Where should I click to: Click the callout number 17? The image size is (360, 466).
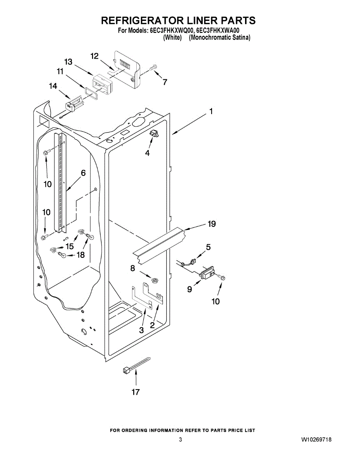click(136, 392)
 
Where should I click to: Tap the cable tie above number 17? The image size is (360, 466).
click(136, 365)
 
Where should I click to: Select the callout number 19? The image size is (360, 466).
click(212, 224)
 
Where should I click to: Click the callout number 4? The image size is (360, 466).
click(147, 153)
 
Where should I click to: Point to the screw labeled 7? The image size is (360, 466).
click(154, 68)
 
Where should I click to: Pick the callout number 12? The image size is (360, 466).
click(94, 56)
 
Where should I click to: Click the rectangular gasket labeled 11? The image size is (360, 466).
click(90, 94)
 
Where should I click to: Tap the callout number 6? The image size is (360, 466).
click(83, 173)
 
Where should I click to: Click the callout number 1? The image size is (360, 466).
click(211, 112)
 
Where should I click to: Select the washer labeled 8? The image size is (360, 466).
click(155, 280)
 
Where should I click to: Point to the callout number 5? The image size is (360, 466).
click(209, 247)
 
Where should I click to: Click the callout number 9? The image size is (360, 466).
click(190, 289)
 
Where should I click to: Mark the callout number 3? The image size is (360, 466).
click(141, 330)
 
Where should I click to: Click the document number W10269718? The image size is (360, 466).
click(316, 440)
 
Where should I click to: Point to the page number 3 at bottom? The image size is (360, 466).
click(180, 440)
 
